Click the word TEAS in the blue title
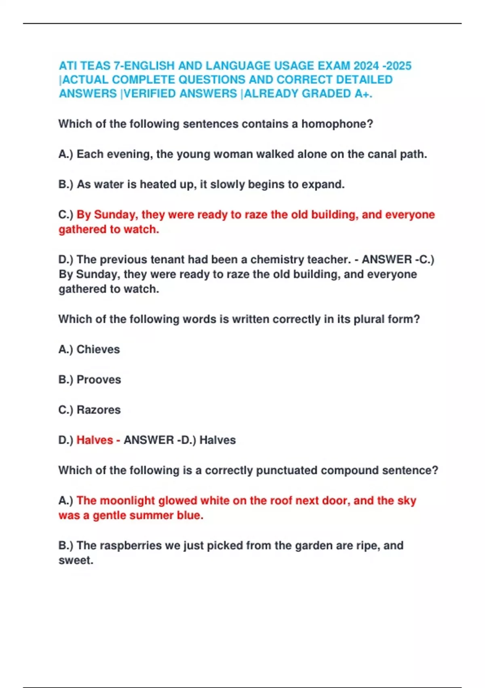point(95,66)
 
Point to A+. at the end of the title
point(363,93)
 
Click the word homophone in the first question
point(337,124)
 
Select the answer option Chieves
point(98,349)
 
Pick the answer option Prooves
point(99,380)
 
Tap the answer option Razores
point(99,410)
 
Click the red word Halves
point(95,440)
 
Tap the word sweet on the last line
point(76,561)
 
